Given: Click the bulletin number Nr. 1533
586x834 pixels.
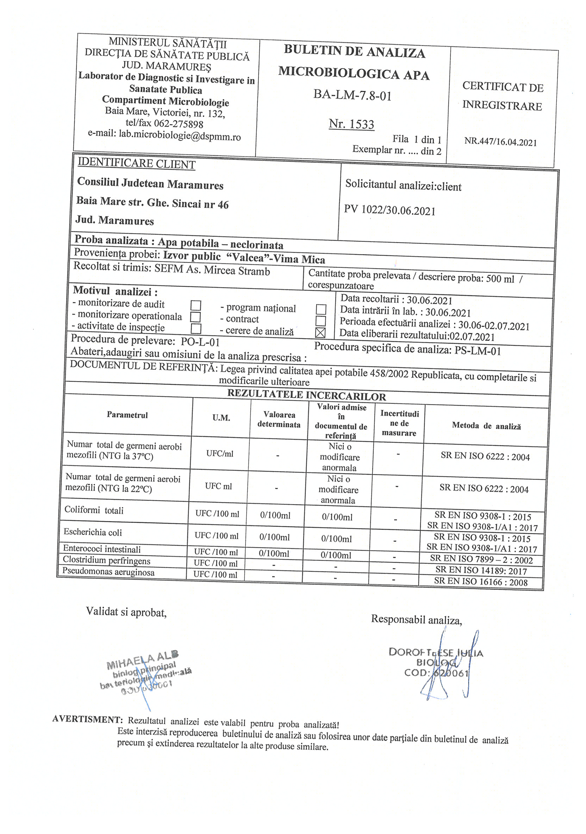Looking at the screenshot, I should [x=351, y=124].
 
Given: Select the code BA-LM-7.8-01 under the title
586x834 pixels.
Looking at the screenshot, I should [x=353, y=95].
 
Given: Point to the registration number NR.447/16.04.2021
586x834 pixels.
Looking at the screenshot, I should [x=500, y=142].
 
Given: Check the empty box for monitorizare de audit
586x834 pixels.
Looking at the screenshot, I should [x=196, y=305].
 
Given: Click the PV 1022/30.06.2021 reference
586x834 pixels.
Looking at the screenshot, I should [x=390, y=210].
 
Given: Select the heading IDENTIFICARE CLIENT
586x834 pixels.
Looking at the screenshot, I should [x=137, y=163].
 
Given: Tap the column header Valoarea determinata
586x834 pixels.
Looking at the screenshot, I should [x=279, y=419].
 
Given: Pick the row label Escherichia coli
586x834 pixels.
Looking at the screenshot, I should [x=93, y=532].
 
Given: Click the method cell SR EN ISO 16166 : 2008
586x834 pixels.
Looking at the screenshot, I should [x=481, y=581].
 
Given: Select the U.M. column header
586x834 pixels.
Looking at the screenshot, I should [x=221, y=418].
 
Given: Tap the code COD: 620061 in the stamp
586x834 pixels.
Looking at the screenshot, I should [x=436, y=673].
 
